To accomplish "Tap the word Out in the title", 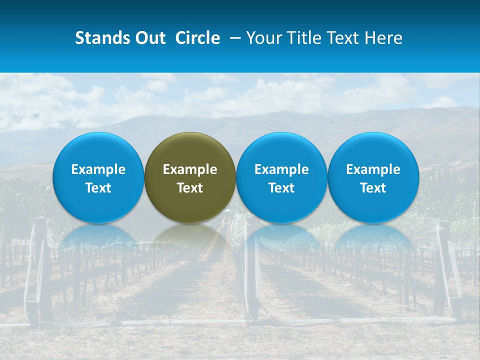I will [149, 38].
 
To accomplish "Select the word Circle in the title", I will [197, 38].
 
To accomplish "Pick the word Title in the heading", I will [304, 38].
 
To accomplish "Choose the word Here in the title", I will [384, 38].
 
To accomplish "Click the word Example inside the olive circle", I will [190, 169].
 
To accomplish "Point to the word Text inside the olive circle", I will [190, 188].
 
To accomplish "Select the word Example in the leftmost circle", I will [98, 169].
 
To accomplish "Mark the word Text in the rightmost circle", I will [373, 188].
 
